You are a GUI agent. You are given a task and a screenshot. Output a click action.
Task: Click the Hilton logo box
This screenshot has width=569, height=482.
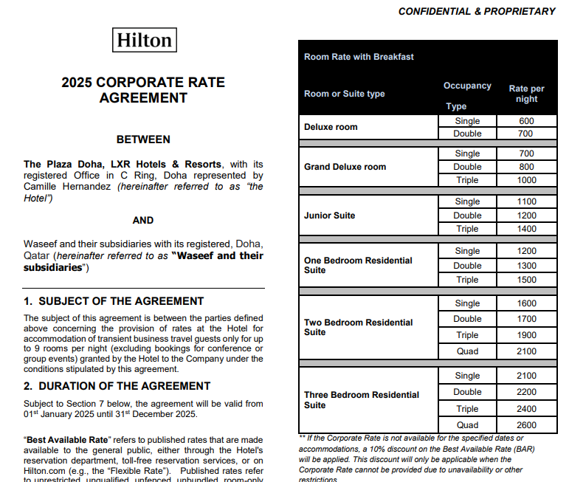click(145, 40)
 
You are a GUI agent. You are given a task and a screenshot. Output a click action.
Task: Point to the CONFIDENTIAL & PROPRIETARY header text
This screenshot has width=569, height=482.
click(476, 11)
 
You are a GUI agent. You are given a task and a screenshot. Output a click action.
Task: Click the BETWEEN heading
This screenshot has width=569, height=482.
click(143, 140)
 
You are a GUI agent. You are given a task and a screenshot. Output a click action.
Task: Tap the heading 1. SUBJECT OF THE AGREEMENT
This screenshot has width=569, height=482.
click(114, 301)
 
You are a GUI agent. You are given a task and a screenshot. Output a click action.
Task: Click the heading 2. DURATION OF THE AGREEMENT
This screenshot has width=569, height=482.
click(117, 386)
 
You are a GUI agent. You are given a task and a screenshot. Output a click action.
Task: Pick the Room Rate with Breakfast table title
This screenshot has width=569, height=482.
click(359, 57)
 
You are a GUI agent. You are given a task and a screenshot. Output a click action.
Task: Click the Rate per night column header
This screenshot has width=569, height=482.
click(526, 94)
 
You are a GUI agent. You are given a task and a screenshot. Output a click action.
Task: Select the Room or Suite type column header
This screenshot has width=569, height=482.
click(344, 94)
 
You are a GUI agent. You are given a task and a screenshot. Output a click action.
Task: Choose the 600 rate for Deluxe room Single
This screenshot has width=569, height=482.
click(526, 121)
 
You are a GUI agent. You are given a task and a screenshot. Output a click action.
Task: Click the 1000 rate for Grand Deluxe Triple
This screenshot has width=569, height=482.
click(526, 180)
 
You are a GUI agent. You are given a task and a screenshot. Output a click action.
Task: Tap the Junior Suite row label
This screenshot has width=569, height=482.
click(329, 216)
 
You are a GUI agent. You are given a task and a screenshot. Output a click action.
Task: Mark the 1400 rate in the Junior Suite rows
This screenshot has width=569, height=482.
click(526, 229)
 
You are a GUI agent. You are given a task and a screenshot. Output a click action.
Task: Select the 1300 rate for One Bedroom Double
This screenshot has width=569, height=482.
click(526, 266)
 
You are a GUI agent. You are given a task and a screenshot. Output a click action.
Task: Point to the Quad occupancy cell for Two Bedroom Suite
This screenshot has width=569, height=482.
click(467, 351)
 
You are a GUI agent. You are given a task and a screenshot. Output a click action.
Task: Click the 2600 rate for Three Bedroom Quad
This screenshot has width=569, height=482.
click(526, 425)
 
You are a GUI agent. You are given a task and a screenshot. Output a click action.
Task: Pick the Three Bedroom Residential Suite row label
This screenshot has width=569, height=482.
click(361, 400)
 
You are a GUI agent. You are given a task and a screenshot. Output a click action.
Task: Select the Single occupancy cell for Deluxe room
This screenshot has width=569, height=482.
click(467, 121)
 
